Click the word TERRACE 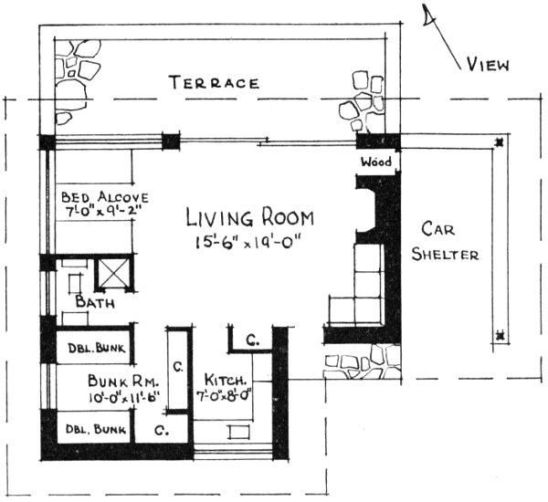[215, 83]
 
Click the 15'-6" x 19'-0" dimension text [249, 242]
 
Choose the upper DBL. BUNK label [94, 348]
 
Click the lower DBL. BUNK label [94, 426]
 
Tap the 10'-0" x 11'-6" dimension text [124, 396]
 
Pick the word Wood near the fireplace [375, 162]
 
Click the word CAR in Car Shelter [442, 227]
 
